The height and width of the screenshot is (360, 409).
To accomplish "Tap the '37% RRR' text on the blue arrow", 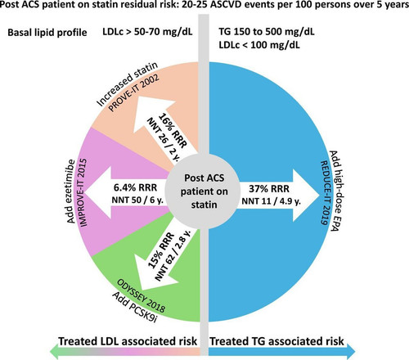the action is pos(269,188).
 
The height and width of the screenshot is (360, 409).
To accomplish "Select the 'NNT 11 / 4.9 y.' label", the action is pos(272,201).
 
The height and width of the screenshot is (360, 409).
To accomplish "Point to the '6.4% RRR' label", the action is pos(136,187).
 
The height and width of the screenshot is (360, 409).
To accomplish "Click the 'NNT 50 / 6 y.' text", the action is pos(137,200).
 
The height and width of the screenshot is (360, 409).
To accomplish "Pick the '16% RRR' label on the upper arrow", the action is pos(173,130).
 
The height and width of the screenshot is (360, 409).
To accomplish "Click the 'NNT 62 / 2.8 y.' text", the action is pos(173,255).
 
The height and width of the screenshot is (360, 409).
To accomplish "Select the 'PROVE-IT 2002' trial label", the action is pos(133,92).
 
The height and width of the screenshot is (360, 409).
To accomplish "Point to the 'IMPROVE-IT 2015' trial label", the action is pos(83,192).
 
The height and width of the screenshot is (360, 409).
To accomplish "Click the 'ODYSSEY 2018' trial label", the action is pos(142,296).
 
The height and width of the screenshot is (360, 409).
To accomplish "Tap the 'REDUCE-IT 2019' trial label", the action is pos(324,193).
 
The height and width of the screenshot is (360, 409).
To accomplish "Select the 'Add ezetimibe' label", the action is pos(70,191).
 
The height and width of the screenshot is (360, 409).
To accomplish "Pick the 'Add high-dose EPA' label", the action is pos(334,191).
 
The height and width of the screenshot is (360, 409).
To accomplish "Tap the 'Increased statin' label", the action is pos(128,83).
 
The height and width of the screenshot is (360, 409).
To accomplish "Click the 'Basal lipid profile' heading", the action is pos(47,33).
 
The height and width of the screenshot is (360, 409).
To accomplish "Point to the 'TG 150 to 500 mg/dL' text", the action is pos(267,31).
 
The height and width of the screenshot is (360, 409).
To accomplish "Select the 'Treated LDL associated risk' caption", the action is pos(128,341).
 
